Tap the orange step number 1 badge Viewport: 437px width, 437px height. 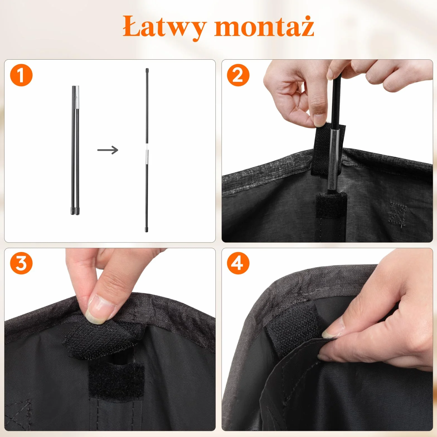pyautogui.click(x=21, y=75)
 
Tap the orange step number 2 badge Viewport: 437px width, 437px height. pyautogui.click(x=238, y=75)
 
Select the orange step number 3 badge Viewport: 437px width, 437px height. pyautogui.click(x=21, y=263)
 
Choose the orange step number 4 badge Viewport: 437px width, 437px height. pyautogui.click(x=238, y=263)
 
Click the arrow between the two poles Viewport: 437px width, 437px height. pyautogui.click(x=108, y=150)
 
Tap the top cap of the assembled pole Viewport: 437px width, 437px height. pyautogui.click(x=147, y=70)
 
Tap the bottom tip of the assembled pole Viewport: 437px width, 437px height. pyautogui.click(x=147, y=230)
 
